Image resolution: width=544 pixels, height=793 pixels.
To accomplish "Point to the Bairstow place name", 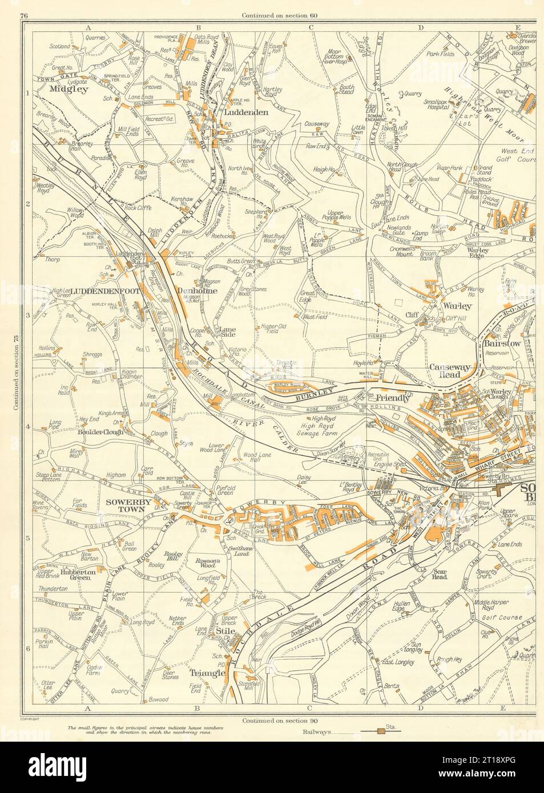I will click(x=501, y=345).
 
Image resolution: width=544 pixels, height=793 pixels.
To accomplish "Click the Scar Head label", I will click(x=442, y=577).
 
